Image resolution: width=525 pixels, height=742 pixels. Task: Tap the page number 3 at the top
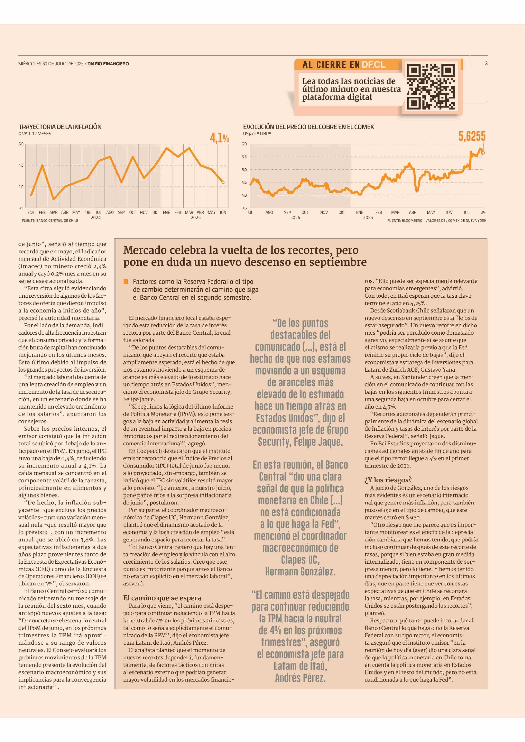pyautogui.click(x=486, y=63)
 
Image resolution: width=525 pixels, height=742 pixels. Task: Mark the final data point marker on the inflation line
pyautogui.click(x=223, y=182)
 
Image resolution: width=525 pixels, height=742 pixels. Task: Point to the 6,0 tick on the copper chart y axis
pyautogui.click(x=244, y=144)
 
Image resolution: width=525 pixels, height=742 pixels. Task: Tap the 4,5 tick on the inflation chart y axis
pyautogui.click(x=21, y=165)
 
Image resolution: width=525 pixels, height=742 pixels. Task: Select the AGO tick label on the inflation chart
pyautogui.click(x=110, y=212)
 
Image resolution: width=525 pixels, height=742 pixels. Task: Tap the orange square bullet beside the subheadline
pyautogui.click(x=126, y=282)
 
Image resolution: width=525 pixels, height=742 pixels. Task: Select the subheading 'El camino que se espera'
pyautogui.click(x=162, y=598)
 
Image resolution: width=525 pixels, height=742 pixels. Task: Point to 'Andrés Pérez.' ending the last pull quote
pyautogui.click(x=300, y=678)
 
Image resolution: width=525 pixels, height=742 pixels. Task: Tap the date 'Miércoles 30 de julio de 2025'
pyautogui.click(x=51, y=64)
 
